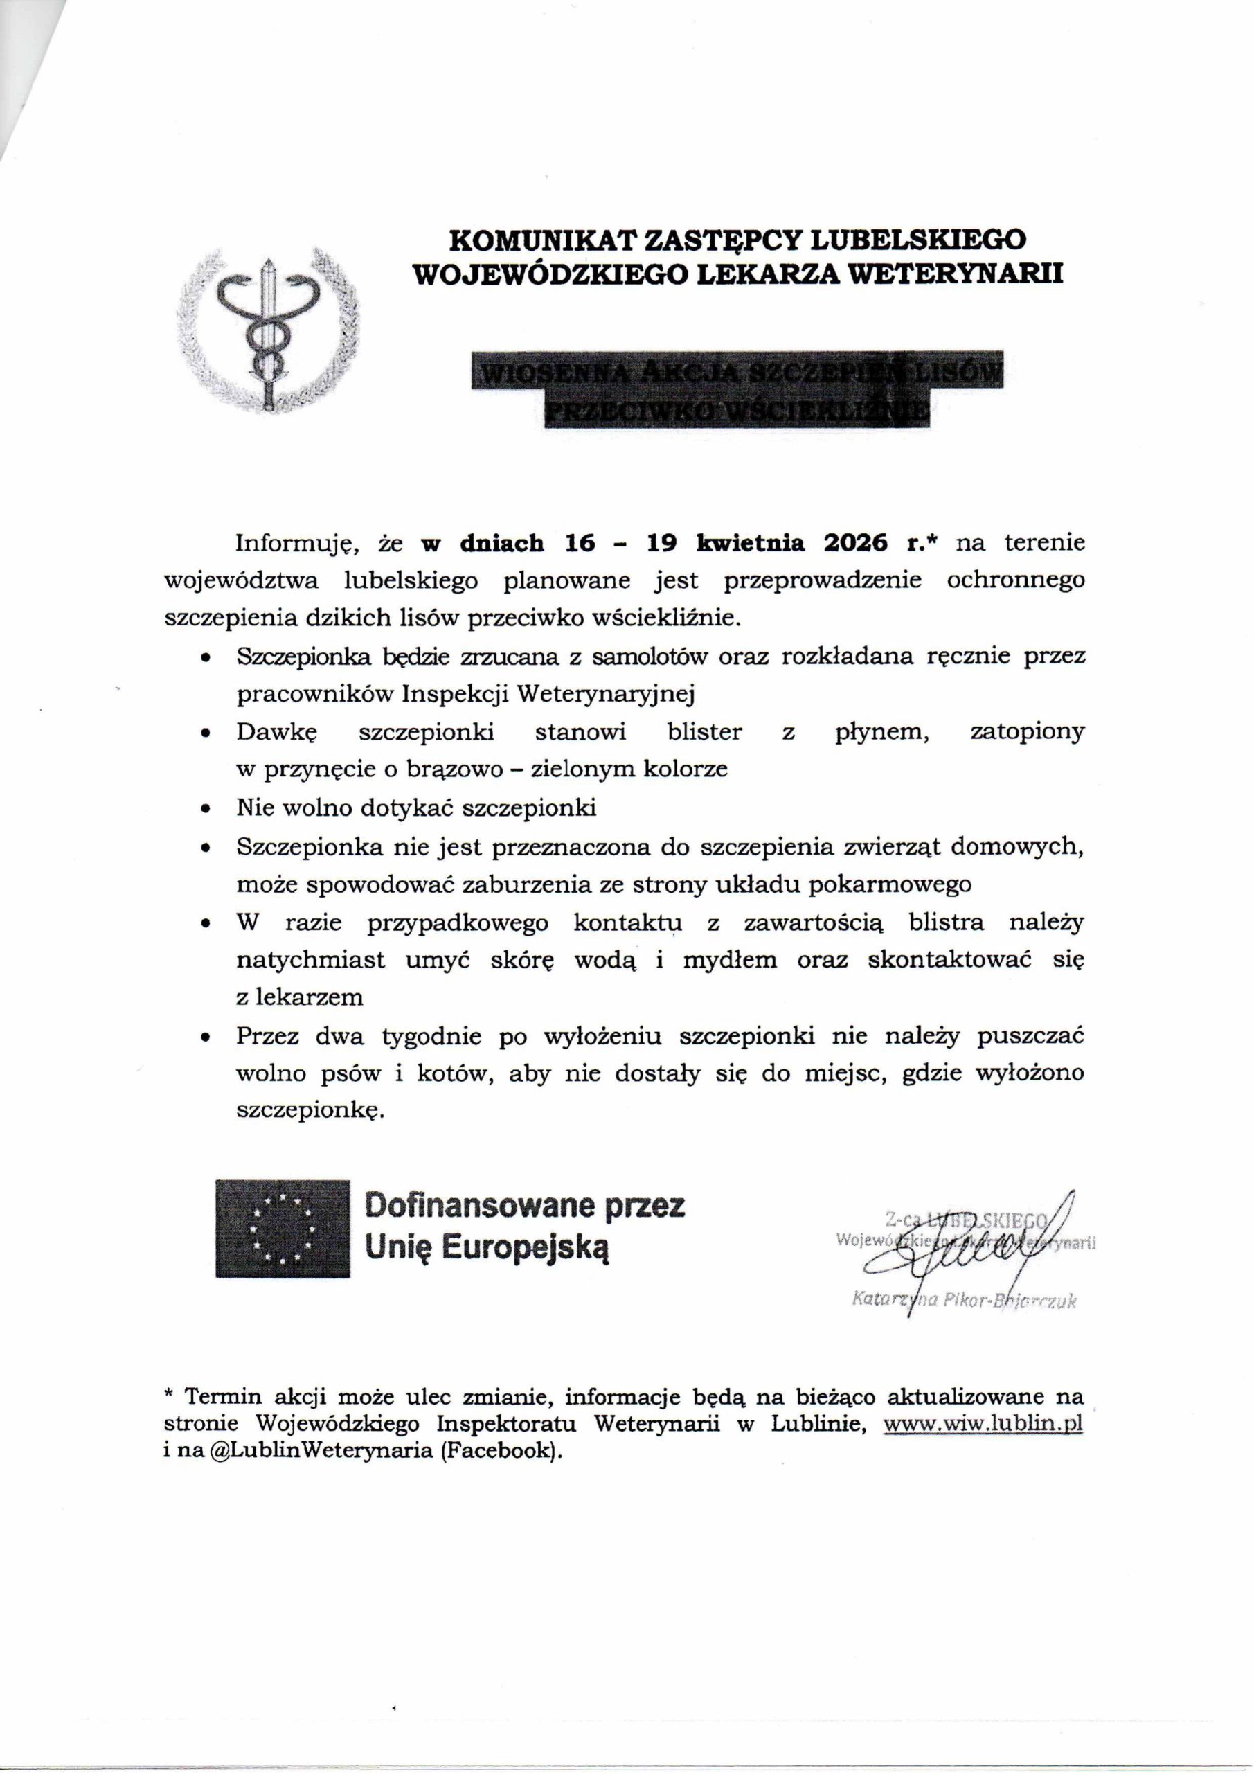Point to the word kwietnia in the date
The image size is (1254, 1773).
[x=750, y=543]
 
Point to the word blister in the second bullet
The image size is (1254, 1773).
[x=704, y=732]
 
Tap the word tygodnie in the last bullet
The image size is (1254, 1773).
[x=430, y=1036]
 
